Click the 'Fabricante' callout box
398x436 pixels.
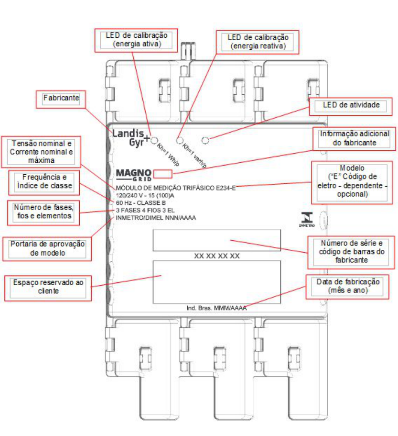(x=61, y=99)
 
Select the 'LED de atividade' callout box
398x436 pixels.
(x=351, y=107)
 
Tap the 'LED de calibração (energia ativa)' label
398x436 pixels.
(x=136, y=40)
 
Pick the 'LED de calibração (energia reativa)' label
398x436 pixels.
(x=258, y=42)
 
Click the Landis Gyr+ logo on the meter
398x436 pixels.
(x=131, y=138)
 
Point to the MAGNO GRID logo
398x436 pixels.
(x=133, y=175)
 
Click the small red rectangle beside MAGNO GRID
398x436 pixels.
(x=163, y=174)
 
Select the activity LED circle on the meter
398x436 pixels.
(x=205, y=140)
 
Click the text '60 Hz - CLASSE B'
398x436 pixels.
(x=141, y=203)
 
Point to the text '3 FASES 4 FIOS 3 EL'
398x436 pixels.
(x=145, y=210)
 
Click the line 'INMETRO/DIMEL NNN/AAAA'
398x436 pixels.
(x=156, y=218)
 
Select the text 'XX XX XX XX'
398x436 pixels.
(x=217, y=256)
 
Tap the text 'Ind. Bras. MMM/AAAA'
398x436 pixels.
(x=216, y=308)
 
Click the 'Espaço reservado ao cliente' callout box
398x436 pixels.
(x=48, y=288)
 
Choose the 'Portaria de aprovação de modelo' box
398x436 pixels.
(x=47, y=249)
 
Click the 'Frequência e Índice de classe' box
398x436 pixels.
(x=44, y=183)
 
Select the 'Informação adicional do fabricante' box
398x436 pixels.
(x=354, y=139)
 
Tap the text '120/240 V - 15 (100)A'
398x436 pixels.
(x=145, y=195)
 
